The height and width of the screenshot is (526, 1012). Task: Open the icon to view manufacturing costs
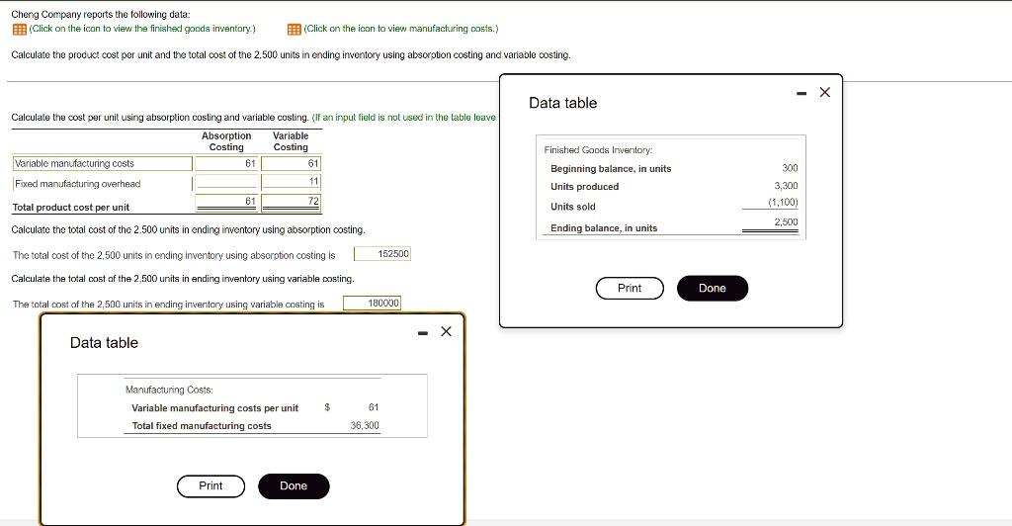pyautogui.click(x=294, y=29)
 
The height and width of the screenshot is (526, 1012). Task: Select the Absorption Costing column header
pyautogui.click(x=226, y=141)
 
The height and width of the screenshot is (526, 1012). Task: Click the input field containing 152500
pyautogui.click(x=381, y=254)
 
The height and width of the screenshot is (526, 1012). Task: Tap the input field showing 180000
pyautogui.click(x=372, y=304)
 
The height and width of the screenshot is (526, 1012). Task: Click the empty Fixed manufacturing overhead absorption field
pyautogui.click(x=226, y=183)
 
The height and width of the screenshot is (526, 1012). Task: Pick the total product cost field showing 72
pyautogui.click(x=291, y=203)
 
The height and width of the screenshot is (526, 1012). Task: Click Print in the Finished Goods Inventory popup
pyautogui.click(x=630, y=288)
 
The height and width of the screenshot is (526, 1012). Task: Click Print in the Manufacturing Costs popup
pyautogui.click(x=211, y=485)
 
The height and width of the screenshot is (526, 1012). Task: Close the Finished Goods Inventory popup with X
pyautogui.click(x=825, y=93)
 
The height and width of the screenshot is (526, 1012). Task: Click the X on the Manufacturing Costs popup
pyautogui.click(x=446, y=331)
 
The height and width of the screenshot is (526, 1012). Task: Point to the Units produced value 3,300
pyautogui.click(x=786, y=186)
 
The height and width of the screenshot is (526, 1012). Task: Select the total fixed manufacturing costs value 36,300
pyautogui.click(x=365, y=425)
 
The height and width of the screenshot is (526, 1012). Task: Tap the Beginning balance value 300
pyautogui.click(x=790, y=168)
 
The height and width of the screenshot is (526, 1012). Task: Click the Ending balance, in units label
pyautogui.click(x=603, y=228)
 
